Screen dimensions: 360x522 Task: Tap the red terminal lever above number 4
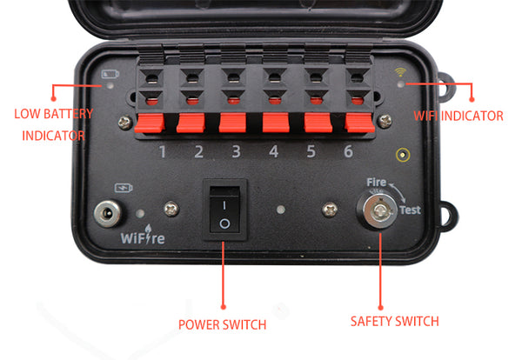pyautogui.click(x=276, y=123)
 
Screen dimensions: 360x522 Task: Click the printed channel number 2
pyautogui.click(x=197, y=153)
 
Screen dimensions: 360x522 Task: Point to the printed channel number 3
pyautogui.click(x=236, y=153)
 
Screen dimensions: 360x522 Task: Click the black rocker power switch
pyautogui.click(x=224, y=212)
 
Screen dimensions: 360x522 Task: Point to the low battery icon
pyautogui.click(x=110, y=74)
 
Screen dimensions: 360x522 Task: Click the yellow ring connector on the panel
pyautogui.click(x=402, y=156)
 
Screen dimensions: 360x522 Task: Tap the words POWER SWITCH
pyautogui.click(x=222, y=324)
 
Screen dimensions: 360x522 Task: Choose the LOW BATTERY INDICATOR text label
pyautogui.click(x=53, y=124)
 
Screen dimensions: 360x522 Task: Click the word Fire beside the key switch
pyautogui.click(x=376, y=183)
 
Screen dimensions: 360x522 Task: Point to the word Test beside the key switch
pyautogui.click(x=411, y=210)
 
